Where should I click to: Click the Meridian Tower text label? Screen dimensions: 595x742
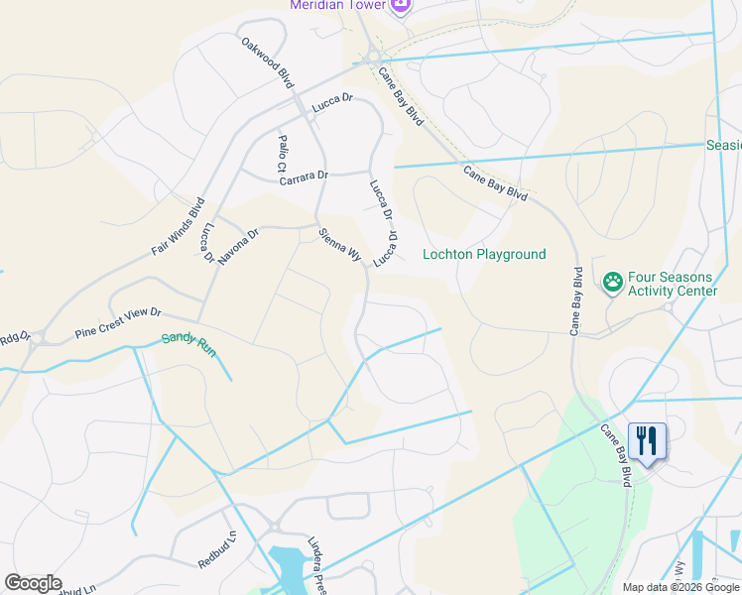coord(336,6)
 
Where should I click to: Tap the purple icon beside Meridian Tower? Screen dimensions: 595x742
coord(400,6)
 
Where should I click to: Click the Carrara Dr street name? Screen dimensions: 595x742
coord(303,176)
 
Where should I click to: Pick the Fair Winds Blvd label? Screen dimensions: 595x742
coord(179,228)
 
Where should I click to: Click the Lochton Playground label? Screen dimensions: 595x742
coord(484,255)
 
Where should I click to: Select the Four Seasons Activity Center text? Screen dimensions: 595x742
coord(672,284)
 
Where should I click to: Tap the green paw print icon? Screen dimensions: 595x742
coord(612,283)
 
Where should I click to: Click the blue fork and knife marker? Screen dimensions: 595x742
coord(647,441)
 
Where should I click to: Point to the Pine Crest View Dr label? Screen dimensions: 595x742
coord(118,324)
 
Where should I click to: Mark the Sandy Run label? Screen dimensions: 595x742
coord(188,338)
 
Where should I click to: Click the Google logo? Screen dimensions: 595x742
coord(33,583)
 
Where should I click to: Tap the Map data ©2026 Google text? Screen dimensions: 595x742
coord(680,587)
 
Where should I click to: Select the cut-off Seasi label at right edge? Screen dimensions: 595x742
coord(723,146)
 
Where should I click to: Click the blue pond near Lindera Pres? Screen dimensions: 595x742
coord(292,567)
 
